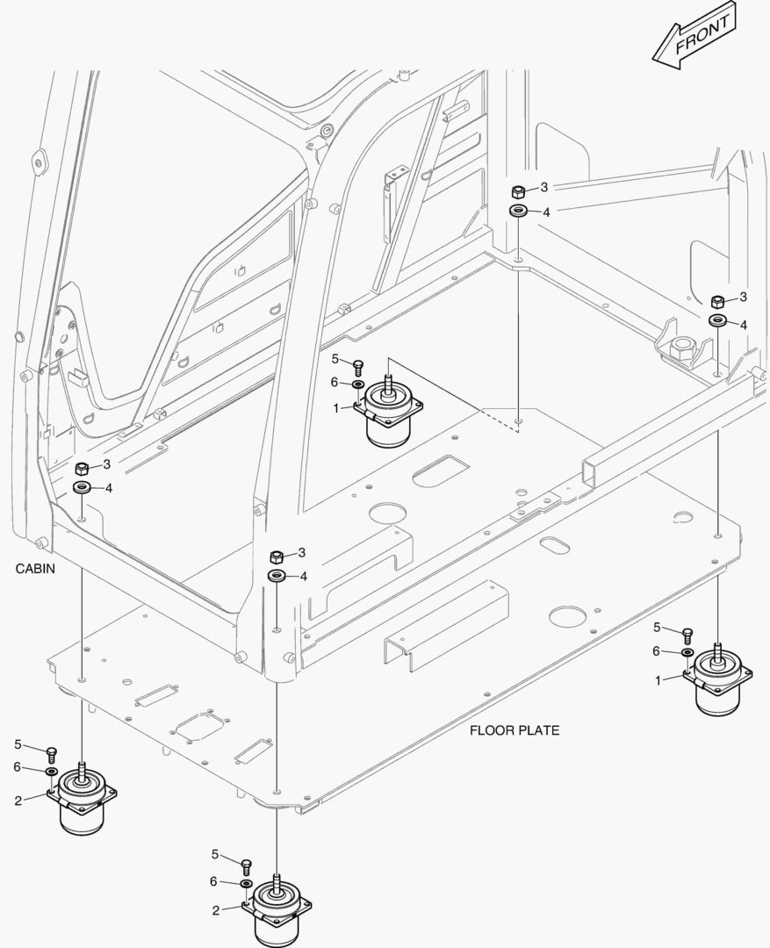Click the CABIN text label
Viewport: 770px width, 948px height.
click(x=35, y=568)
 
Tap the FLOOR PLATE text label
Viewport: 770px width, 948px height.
click(x=514, y=729)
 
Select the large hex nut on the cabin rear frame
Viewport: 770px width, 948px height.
click(x=682, y=349)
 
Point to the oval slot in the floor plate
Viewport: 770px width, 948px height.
click(x=554, y=545)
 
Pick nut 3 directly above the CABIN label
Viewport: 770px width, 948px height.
click(x=82, y=468)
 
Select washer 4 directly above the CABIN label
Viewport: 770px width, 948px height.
click(x=82, y=487)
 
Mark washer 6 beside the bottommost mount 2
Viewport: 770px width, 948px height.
click(x=246, y=882)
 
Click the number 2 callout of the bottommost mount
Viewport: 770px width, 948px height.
click(x=215, y=910)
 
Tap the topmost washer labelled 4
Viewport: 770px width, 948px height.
click(x=518, y=210)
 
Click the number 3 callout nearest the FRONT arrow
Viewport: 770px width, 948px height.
click(x=544, y=187)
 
